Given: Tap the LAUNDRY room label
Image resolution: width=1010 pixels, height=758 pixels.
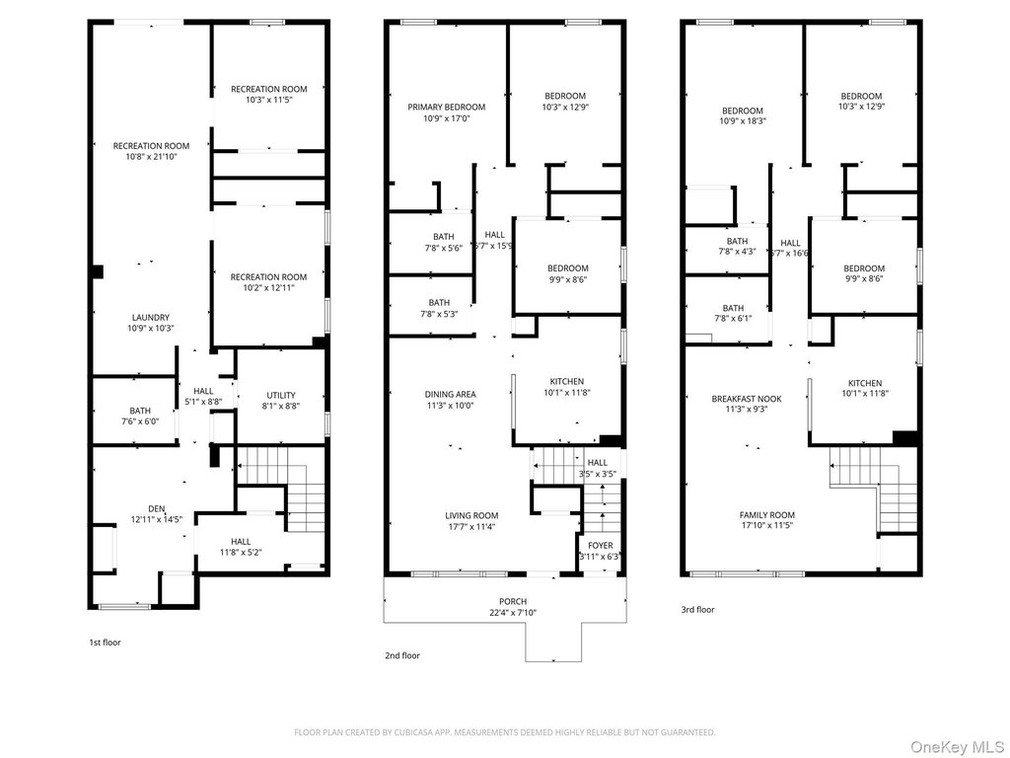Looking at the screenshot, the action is [151, 317].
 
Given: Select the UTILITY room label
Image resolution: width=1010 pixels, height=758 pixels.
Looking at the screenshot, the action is [281, 395].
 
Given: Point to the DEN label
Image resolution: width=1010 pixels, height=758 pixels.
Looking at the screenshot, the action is [157, 508].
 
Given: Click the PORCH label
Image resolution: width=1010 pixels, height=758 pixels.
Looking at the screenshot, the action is [513, 601].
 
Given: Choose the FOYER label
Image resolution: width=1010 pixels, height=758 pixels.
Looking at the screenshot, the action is [601, 545].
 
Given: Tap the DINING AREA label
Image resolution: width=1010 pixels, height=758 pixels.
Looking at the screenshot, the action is [450, 395].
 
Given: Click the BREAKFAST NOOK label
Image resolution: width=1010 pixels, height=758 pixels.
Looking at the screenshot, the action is [747, 399].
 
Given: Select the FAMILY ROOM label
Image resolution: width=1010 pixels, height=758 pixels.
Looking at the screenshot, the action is [767, 515].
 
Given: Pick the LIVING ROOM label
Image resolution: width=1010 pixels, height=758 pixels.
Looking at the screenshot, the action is [471, 515].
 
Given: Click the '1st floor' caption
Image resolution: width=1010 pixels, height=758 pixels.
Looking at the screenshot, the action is [105, 643].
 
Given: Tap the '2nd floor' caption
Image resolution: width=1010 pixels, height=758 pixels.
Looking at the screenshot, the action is [402, 656].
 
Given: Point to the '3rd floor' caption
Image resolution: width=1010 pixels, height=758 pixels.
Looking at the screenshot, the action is [698, 610].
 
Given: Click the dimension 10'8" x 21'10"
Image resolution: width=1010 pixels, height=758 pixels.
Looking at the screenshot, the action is [151, 157].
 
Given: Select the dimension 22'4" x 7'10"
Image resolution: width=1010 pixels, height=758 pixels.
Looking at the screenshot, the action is [513, 612].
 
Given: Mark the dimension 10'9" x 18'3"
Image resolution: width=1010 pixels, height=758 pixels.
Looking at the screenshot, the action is [743, 121].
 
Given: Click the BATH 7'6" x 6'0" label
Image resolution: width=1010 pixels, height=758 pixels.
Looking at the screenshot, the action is [140, 416].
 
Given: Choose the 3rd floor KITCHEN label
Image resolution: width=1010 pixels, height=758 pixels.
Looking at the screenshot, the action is [864, 383].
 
